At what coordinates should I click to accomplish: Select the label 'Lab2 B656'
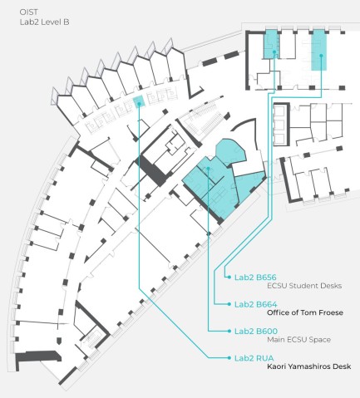coord(255,277)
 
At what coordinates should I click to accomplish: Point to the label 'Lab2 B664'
coord(255,304)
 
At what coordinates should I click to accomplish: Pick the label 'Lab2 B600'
coord(255,331)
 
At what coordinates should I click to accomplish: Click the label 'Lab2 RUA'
coord(253,358)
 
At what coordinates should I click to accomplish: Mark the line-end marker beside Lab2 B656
coord(228,277)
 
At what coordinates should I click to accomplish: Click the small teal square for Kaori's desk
coord(139,101)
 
